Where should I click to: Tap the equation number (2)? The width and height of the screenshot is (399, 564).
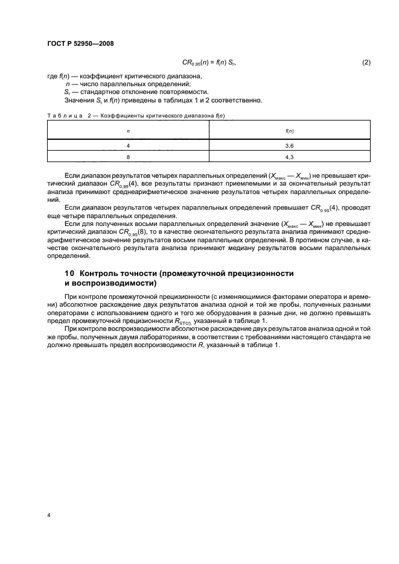pos(365,63)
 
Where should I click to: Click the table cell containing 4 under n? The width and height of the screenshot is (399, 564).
pos(128,146)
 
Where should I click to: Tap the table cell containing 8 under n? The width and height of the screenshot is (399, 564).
pos(128,158)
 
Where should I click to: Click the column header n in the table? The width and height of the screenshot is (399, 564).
pos(128,130)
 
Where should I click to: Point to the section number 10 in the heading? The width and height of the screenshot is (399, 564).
pos(69,273)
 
